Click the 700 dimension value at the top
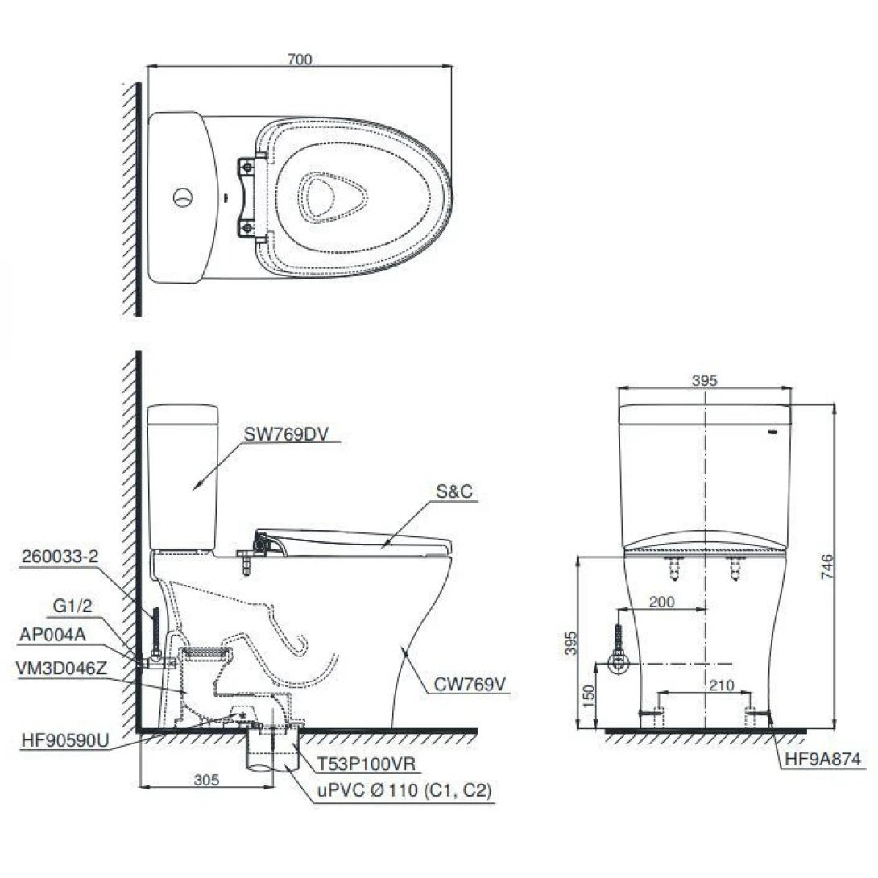point(298,59)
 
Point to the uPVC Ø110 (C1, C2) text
point(402,792)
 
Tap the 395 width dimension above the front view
point(704,381)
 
